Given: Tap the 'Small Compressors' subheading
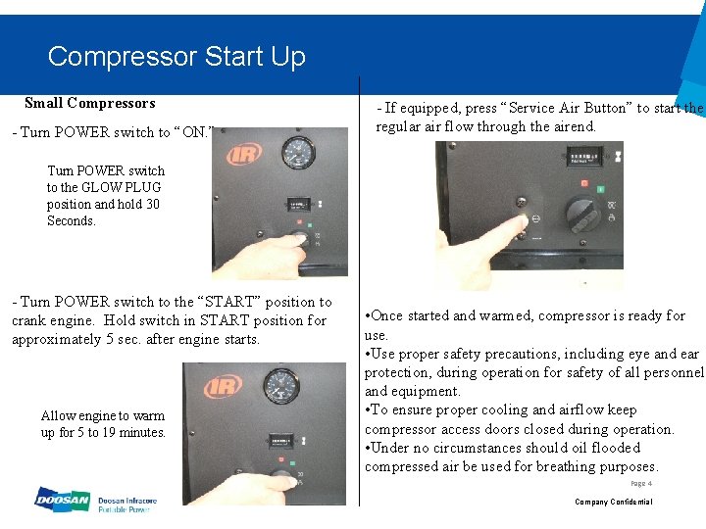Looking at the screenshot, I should pyautogui.click(x=89, y=103).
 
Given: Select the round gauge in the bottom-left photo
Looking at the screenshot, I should pyautogui.click(x=282, y=386).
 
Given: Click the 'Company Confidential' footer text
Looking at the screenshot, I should pyautogui.click(x=613, y=502).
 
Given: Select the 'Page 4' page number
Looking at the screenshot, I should pyautogui.click(x=641, y=483).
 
